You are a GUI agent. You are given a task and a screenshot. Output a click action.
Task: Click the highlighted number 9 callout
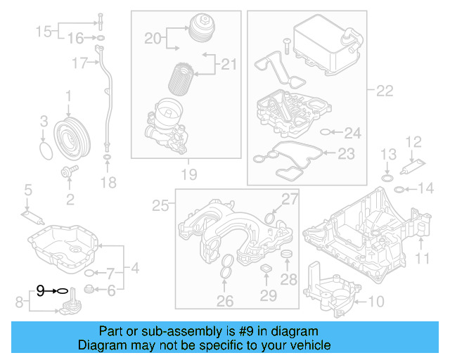[x=40, y=289]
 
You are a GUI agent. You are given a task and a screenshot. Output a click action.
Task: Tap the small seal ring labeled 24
[x=323, y=131]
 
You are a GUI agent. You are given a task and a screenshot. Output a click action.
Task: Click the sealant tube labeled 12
[x=409, y=169]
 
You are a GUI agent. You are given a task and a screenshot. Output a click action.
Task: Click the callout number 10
[x=377, y=302]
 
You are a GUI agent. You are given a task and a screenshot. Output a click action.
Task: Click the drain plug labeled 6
[x=89, y=290]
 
